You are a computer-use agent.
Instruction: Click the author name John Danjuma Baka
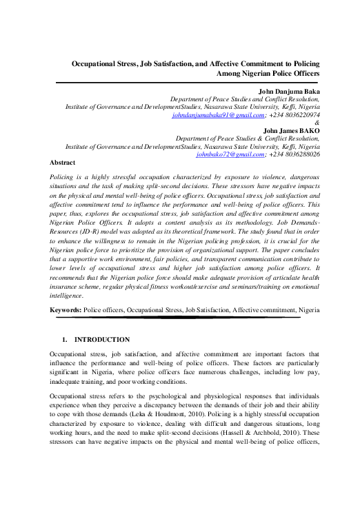(x=288, y=91)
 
